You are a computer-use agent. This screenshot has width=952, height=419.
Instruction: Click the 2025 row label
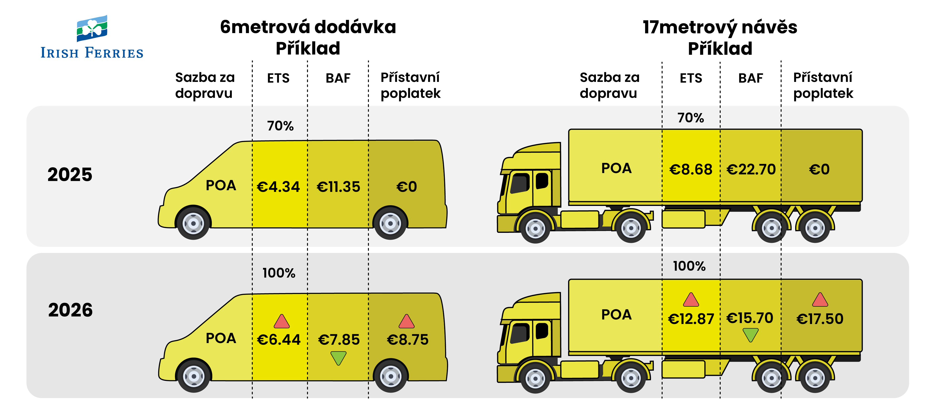(x=70, y=175)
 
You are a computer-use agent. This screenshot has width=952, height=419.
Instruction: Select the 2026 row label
(x=70, y=310)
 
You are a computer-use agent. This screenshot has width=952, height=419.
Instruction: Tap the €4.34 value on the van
(x=278, y=187)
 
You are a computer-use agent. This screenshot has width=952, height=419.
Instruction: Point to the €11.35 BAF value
(x=338, y=187)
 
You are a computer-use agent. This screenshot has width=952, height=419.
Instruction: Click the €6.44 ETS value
(x=279, y=339)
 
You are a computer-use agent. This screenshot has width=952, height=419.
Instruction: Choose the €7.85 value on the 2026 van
(x=338, y=339)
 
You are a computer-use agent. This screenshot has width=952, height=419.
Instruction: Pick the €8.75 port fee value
(x=407, y=339)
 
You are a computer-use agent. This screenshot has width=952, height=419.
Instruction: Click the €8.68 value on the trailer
(x=690, y=169)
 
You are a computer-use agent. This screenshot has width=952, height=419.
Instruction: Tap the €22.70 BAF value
(x=751, y=169)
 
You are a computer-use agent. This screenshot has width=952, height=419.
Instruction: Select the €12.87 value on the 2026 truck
(x=691, y=319)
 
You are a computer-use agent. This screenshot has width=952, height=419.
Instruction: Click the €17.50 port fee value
(x=820, y=319)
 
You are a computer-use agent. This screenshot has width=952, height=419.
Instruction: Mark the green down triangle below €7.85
(x=338, y=358)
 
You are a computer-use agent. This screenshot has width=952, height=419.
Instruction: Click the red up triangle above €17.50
(x=820, y=300)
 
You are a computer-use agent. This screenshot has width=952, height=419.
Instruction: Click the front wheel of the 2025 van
(x=193, y=223)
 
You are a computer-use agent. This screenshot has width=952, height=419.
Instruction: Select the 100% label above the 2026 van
(x=279, y=273)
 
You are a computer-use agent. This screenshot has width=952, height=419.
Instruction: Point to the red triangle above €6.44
(x=282, y=322)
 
